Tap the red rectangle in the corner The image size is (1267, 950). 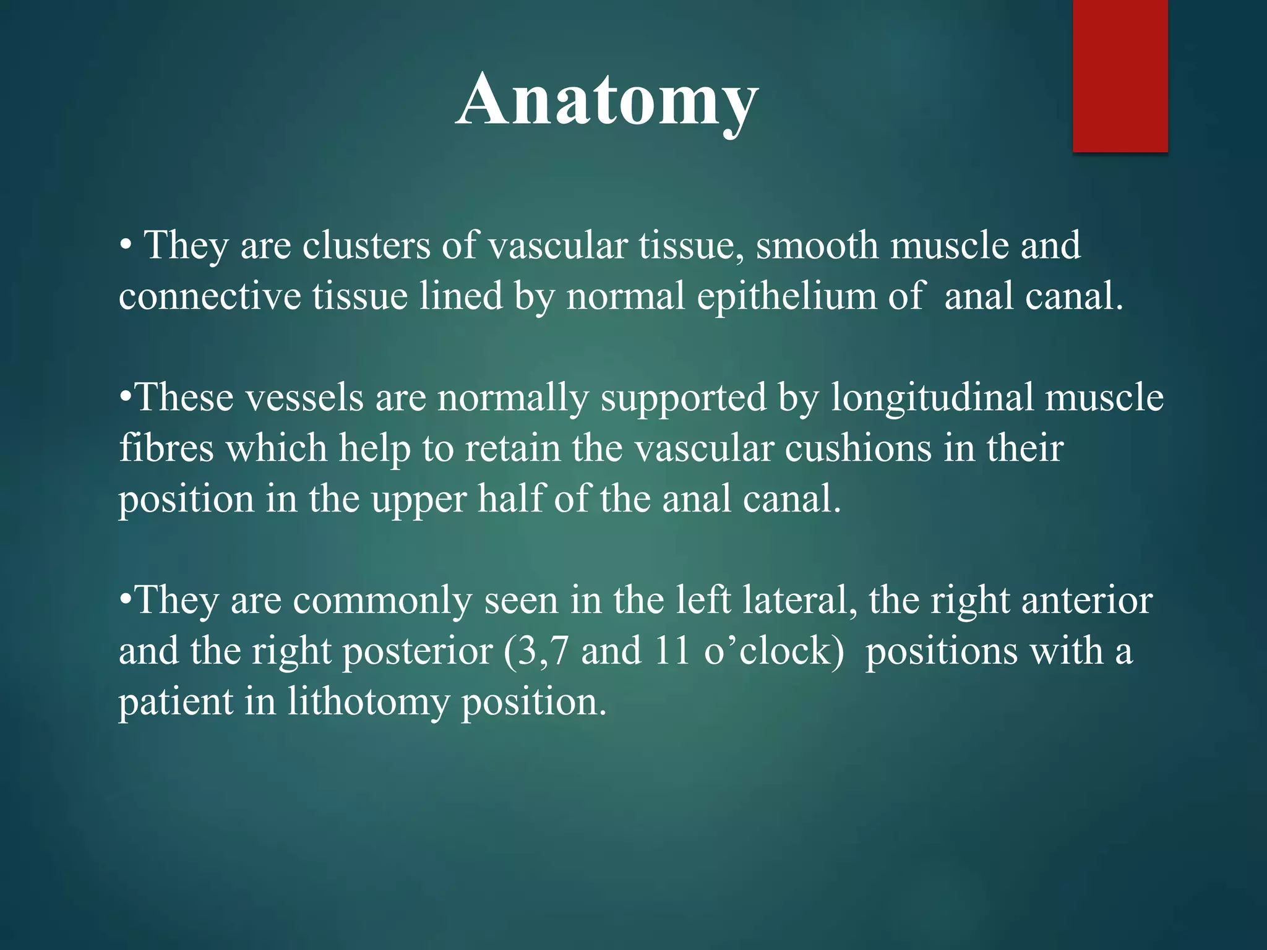click(x=1120, y=75)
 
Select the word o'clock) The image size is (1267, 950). click(x=774, y=651)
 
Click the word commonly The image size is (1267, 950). click(x=382, y=601)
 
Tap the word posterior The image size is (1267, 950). click(x=418, y=653)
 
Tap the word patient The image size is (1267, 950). click(x=175, y=703)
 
